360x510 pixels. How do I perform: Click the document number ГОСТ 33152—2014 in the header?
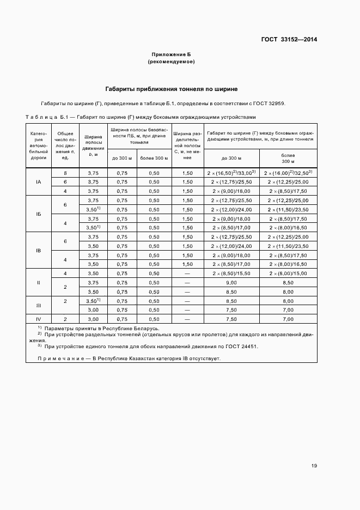pos(290,39)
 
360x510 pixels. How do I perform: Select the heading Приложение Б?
pos(171,54)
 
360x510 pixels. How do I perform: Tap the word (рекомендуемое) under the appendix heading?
pos(171,62)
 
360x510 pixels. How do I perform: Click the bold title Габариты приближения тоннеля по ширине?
pos(171,88)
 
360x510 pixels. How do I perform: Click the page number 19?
pos(314,466)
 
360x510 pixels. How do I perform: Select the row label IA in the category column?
pos(39,182)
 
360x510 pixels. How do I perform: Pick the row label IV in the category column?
pos(39,319)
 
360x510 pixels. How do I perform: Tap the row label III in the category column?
pos(39,305)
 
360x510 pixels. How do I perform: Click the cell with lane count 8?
pos(65,173)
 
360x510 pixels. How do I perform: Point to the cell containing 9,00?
pos(231,283)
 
